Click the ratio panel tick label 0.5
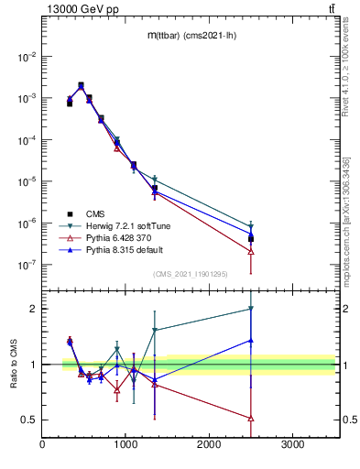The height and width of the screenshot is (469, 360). (x=29, y=420)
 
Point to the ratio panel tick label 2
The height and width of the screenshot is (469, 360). (x=34, y=309)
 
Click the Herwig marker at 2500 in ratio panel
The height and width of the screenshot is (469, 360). (x=251, y=310)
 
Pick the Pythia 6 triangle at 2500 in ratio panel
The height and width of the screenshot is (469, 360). (x=251, y=418)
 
